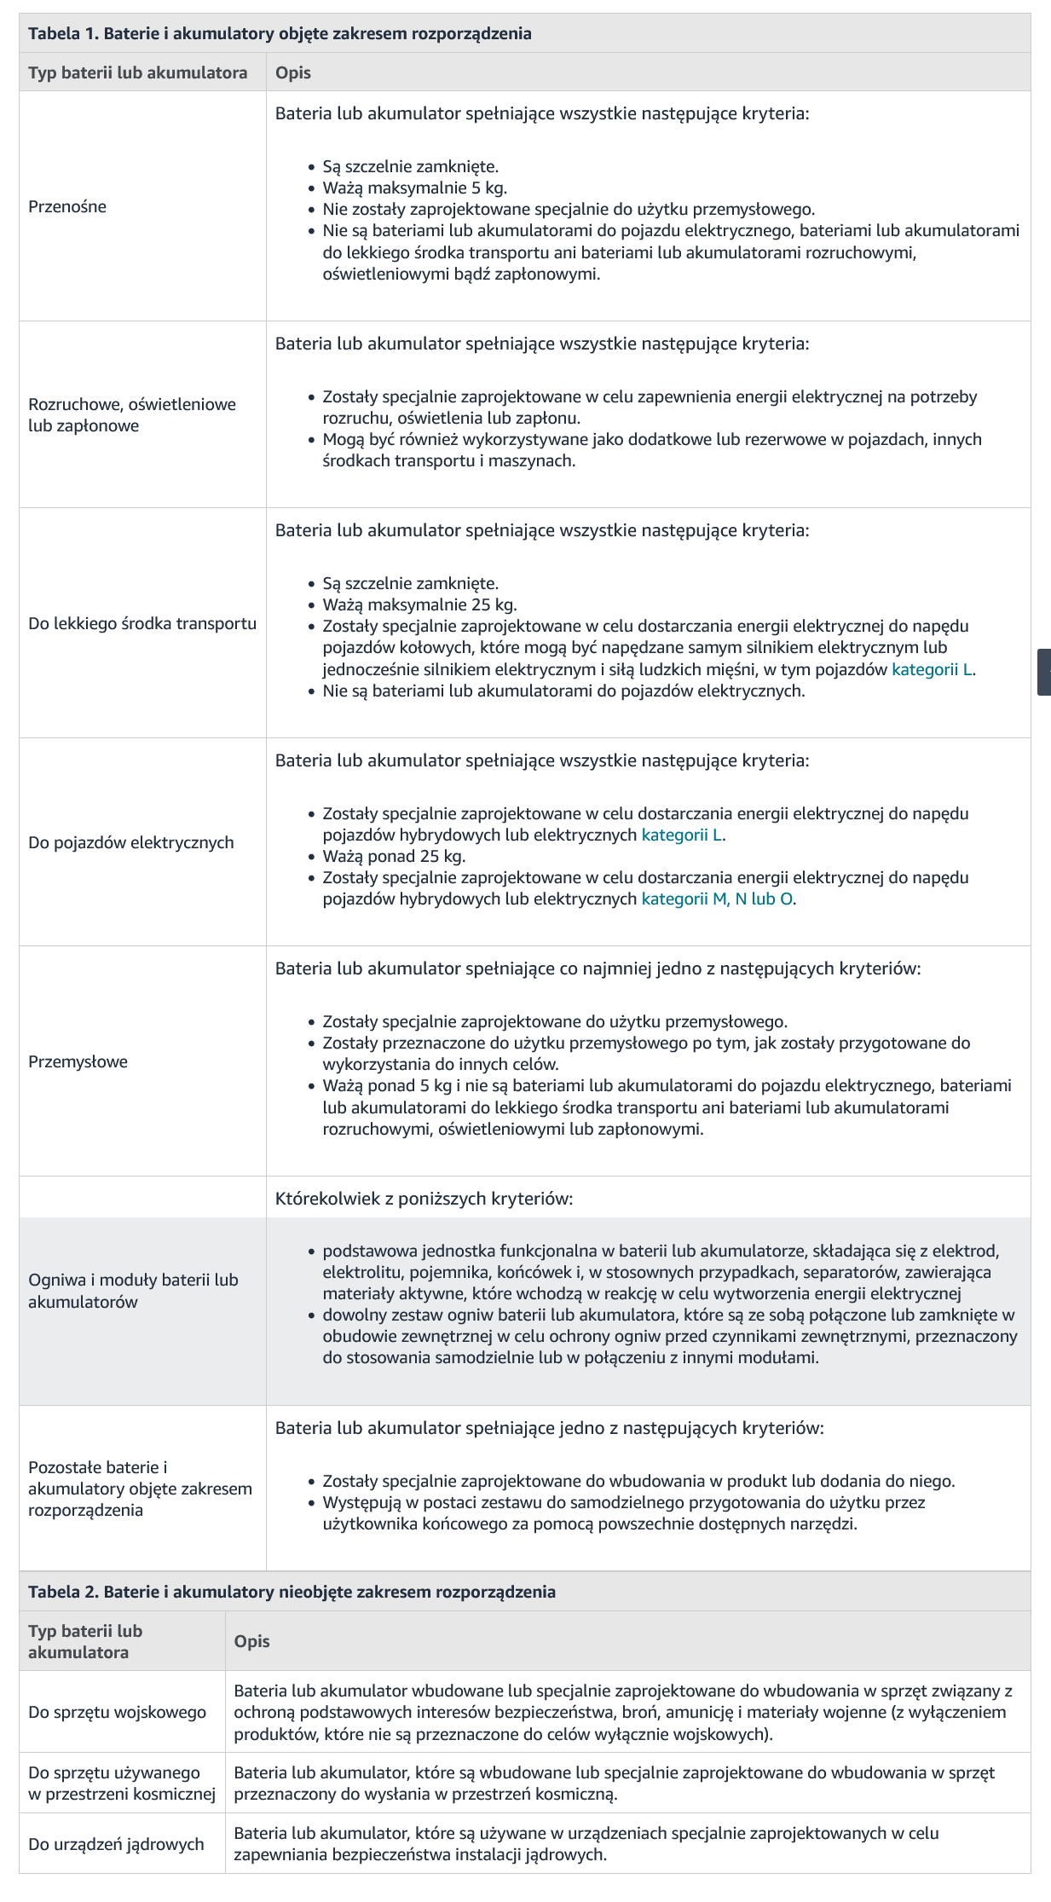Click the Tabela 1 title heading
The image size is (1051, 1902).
(280, 34)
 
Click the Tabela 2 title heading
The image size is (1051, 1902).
(292, 1592)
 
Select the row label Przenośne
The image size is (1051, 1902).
(67, 206)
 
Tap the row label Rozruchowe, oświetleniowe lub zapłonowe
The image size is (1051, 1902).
(132, 415)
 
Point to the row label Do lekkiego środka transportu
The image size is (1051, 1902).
(142, 623)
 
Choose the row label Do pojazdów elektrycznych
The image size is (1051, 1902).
(131, 842)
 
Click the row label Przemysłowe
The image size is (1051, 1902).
(78, 1061)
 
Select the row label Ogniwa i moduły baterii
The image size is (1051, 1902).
(133, 1291)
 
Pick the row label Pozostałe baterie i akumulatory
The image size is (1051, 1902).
(140, 1489)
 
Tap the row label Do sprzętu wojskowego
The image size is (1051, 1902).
(118, 1712)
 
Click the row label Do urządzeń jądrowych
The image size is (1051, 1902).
(116, 1844)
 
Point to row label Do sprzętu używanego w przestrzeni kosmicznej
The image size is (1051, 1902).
(122, 1783)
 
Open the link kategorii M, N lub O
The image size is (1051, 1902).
(718, 899)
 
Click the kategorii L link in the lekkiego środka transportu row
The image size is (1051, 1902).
(932, 669)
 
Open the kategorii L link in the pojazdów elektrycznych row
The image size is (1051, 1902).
(682, 835)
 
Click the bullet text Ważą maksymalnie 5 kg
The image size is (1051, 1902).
(414, 188)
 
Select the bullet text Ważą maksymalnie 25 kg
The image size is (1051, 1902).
(419, 604)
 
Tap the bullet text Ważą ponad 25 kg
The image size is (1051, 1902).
(394, 856)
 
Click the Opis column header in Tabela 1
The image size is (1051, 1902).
(293, 72)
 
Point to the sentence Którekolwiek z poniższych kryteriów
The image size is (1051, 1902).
(424, 1199)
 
